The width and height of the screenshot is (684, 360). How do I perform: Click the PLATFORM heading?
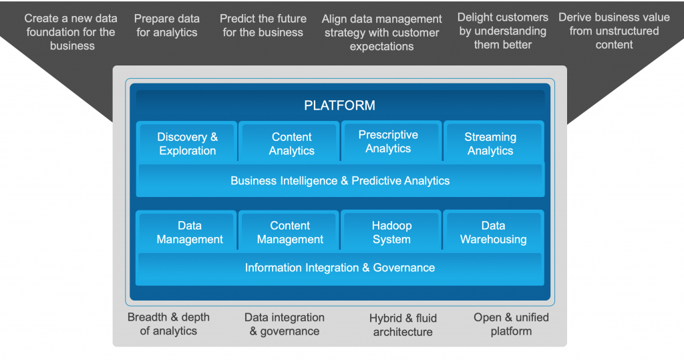[339, 106]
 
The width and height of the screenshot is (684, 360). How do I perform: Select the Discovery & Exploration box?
[187, 144]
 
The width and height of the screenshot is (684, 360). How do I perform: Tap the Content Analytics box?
[291, 144]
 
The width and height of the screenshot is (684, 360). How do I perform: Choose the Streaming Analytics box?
[490, 144]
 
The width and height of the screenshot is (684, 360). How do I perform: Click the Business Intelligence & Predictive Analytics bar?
[340, 180]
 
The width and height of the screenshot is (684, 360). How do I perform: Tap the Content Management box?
[290, 232]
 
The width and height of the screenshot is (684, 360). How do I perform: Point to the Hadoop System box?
[391, 232]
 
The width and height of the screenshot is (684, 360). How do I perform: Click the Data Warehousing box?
[493, 232]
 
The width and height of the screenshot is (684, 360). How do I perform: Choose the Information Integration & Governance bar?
[340, 268]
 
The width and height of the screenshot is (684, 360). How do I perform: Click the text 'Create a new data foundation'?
[71, 32]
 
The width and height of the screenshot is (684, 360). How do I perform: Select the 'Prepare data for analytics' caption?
[167, 25]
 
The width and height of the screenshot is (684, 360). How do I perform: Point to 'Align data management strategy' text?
[382, 33]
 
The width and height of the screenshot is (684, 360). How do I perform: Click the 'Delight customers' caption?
[503, 31]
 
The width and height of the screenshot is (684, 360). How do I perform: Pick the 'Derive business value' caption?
[614, 31]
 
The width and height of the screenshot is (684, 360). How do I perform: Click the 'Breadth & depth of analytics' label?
[168, 324]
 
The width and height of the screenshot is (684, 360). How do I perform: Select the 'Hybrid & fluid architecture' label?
[403, 325]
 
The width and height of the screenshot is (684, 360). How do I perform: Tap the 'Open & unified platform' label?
[511, 324]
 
